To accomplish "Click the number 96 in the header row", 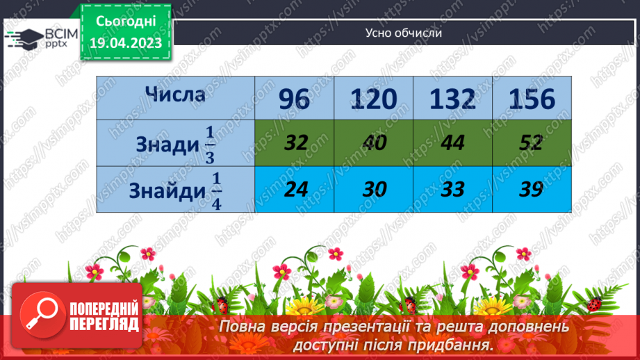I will (x=294, y=100).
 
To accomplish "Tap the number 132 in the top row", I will (x=452, y=100).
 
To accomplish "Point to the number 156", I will (x=532, y=100).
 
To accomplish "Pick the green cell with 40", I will (x=375, y=143).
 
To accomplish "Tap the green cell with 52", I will (x=532, y=143).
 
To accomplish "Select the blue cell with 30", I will (x=375, y=189).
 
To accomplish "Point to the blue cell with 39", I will (x=532, y=189).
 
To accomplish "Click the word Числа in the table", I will (x=175, y=95).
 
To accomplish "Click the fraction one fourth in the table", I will (x=216, y=190).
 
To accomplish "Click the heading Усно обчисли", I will (x=403, y=33).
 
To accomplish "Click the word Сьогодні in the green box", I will (x=125, y=23).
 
